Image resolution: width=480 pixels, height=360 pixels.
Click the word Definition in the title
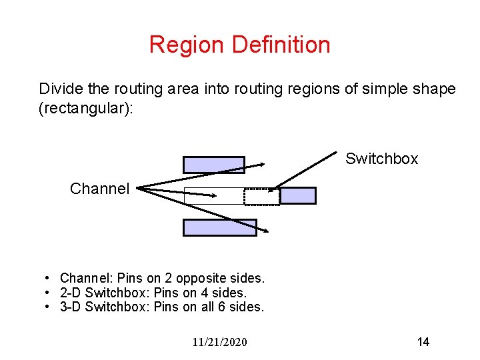click(x=281, y=45)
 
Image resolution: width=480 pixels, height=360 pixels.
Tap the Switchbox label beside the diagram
click(x=381, y=159)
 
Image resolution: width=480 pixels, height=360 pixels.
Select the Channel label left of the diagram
click(x=99, y=189)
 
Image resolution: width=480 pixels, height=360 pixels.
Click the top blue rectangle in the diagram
click(x=213, y=165)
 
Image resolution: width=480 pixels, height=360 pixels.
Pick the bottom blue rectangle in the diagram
click(x=219, y=227)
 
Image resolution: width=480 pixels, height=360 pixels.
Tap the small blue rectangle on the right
click(x=297, y=195)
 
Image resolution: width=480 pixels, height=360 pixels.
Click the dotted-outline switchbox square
click(x=261, y=196)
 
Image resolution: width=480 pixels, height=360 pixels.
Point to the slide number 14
click(x=423, y=342)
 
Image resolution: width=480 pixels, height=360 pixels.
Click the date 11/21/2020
click(x=219, y=342)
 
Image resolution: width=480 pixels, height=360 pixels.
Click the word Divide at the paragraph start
click(x=58, y=89)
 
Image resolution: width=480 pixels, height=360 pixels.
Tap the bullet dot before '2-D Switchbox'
click(x=49, y=293)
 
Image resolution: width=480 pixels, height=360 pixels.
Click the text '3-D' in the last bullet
click(x=71, y=307)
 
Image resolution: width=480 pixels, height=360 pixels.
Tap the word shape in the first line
click(x=437, y=89)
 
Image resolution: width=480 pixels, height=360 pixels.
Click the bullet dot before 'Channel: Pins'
click(x=49, y=278)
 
